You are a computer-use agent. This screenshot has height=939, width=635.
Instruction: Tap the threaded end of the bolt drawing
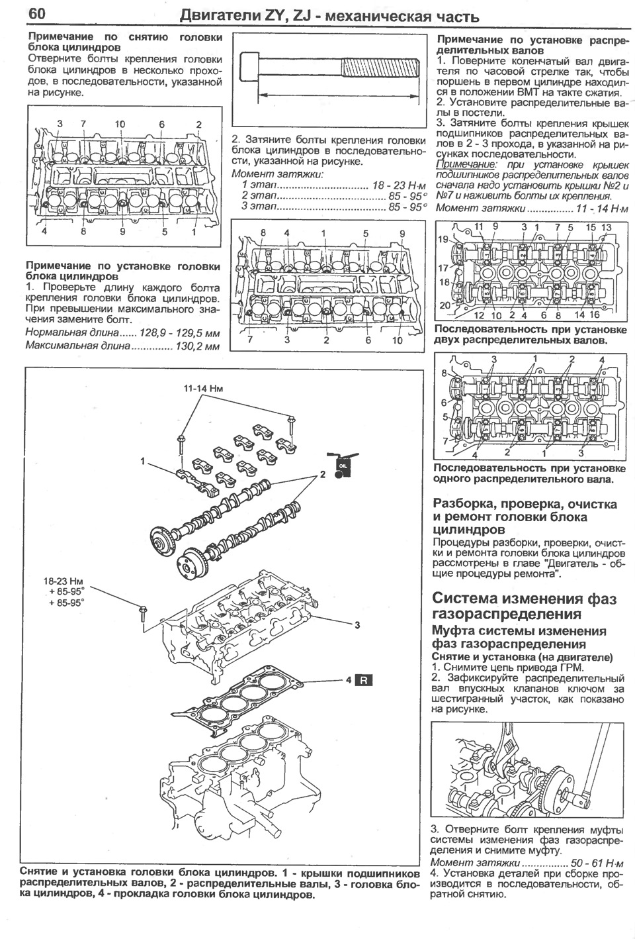click(x=380, y=67)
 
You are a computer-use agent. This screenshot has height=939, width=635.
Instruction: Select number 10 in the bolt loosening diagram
click(x=120, y=124)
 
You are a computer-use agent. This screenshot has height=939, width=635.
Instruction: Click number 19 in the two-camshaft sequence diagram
click(x=442, y=239)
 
